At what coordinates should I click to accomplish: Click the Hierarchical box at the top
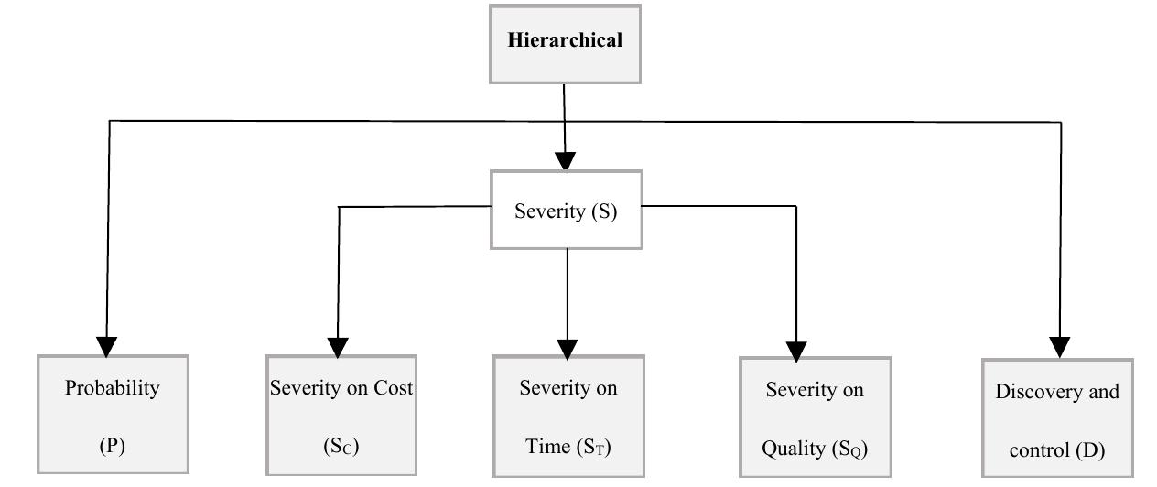point(565,44)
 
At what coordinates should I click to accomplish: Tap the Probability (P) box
point(113,415)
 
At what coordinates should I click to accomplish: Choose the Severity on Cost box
point(341,415)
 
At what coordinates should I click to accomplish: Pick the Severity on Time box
point(568,416)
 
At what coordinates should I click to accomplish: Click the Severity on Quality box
point(815,417)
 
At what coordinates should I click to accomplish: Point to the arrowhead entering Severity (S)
point(566,161)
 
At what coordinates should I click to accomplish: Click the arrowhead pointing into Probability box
point(108,346)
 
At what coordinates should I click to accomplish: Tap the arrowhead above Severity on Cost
point(338,347)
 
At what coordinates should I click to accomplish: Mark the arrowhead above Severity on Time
point(568,348)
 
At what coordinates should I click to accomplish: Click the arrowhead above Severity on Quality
point(796,350)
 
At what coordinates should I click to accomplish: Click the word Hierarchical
point(565,40)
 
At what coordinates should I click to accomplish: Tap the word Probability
point(113,387)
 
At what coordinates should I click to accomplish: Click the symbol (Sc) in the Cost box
point(341,447)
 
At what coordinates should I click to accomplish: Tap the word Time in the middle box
point(547,447)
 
